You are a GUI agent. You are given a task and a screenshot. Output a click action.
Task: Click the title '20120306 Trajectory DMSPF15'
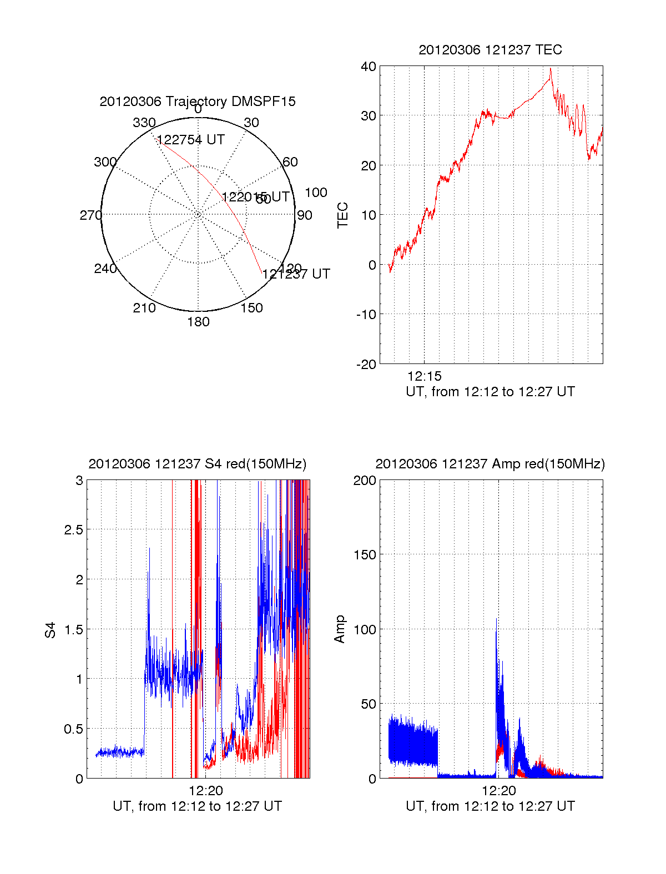coord(198,102)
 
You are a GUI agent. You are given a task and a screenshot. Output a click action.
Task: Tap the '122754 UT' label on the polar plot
coord(191,140)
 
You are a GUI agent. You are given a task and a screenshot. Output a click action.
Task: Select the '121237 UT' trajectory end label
coord(296,274)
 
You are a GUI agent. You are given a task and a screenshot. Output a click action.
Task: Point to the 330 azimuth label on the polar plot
coord(144,123)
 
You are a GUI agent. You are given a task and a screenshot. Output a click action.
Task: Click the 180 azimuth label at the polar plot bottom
coord(198,322)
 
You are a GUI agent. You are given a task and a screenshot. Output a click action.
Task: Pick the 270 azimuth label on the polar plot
coord(90,215)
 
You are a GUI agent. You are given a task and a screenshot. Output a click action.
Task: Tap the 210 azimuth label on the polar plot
coord(144,308)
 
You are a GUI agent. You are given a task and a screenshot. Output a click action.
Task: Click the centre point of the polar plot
coord(198,214)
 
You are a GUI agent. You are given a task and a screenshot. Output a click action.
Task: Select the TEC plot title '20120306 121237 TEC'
coord(490,50)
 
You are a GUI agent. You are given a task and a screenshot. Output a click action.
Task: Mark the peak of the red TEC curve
coord(550,69)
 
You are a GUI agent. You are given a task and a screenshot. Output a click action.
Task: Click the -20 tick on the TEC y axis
coord(367,365)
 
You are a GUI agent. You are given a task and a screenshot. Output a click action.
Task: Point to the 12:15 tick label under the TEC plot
coord(425,376)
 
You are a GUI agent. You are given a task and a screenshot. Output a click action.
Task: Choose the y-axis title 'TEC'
coord(343,215)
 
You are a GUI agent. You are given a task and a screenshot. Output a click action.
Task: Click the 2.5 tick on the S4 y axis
coord(73,530)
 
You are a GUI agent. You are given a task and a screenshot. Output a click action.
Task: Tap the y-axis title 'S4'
coord(51,630)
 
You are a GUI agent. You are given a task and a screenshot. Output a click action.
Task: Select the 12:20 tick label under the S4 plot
coord(206,791)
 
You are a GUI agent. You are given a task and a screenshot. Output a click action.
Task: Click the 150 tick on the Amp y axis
coord(365,555)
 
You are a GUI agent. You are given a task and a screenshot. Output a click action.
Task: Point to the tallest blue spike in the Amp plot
coord(496,619)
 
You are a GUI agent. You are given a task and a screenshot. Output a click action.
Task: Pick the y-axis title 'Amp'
coord(340,629)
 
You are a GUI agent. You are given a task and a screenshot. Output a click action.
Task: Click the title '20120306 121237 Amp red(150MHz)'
coord(490,464)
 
